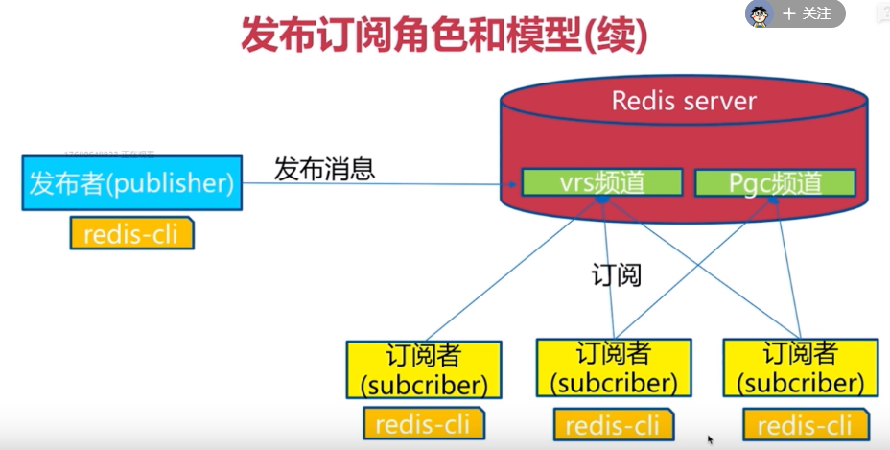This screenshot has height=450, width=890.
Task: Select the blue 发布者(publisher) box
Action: [x=131, y=183]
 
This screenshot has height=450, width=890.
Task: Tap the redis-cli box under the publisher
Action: [x=131, y=233]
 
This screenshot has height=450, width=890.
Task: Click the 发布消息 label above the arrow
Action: [x=324, y=169]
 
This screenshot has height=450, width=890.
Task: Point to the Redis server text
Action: [x=684, y=101]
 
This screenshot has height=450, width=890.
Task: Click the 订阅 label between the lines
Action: [x=615, y=275]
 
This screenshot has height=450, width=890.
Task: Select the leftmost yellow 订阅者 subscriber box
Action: [x=424, y=369]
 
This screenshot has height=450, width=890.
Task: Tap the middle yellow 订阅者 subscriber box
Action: [x=614, y=368]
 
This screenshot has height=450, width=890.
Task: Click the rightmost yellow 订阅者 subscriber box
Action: [x=800, y=368]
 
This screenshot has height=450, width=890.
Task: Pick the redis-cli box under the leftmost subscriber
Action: [x=424, y=423]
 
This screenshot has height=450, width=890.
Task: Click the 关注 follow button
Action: [x=808, y=13]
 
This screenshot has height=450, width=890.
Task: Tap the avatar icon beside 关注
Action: [x=760, y=13]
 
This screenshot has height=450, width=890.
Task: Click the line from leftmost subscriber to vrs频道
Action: [x=508, y=274]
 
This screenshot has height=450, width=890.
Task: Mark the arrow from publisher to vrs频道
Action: [x=384, y=183]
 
